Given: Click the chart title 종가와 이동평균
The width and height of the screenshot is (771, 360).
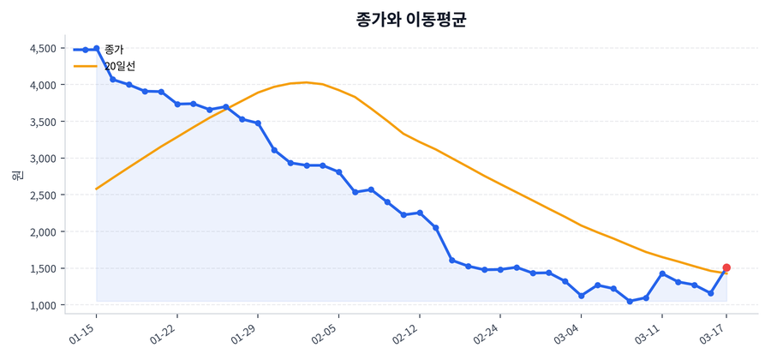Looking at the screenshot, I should coord(410,20).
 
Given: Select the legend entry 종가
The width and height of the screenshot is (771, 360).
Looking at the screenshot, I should coord(113,50).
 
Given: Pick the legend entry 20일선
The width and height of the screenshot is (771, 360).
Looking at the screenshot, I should coord(119,66).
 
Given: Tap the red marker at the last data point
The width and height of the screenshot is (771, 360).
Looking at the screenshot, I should coord(726,267).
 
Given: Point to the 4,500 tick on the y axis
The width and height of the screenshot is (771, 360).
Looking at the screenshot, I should coord(42,49).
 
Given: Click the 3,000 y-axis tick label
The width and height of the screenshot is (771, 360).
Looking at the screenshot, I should coord(42,159).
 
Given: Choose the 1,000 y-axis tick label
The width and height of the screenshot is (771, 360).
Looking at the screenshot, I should coord(42,305).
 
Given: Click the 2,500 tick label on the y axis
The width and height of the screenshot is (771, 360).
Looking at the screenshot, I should coord(42,195).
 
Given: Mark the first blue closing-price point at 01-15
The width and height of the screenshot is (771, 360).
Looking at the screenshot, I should coord(96,49).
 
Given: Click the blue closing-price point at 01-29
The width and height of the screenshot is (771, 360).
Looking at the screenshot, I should coord(258,123).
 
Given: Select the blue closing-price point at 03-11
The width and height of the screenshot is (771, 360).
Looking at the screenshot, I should coord(662,273).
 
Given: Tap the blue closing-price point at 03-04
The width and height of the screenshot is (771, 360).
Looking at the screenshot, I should coord(581,296).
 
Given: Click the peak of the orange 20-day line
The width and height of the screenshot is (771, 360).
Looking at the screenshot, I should coord(306,82).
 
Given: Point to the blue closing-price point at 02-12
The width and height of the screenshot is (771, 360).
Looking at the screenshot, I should coord(420,213).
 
